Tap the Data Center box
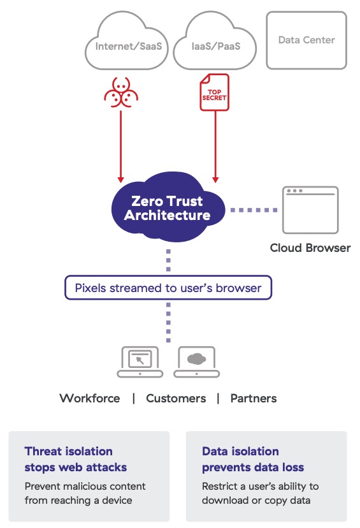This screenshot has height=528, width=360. click(306, 40)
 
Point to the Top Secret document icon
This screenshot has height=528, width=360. click(214, 92)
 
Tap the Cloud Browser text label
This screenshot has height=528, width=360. click(310, 248)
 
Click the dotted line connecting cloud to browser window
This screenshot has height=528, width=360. click(254, 210)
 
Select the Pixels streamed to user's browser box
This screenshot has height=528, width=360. click(168, 288)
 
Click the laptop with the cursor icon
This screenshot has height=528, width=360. click(140, 362)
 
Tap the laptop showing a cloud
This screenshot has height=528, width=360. click(197, 362)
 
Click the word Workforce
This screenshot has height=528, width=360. click(90, 399)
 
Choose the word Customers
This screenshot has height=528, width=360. click(176, 399)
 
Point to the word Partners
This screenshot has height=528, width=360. click(254, 399)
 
